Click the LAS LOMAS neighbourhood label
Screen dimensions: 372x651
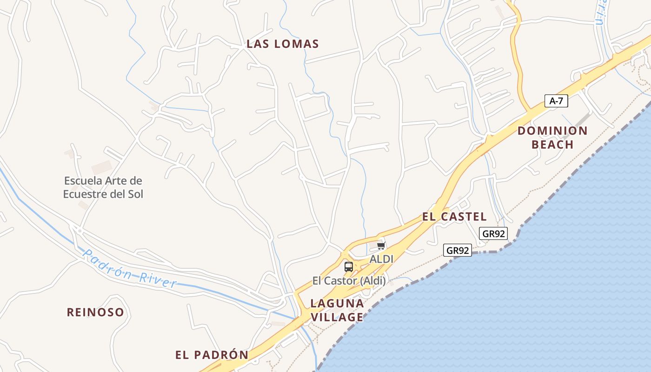283,44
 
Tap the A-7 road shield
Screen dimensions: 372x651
556,100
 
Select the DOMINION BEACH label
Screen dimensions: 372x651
552,138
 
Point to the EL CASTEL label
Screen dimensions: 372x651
454,217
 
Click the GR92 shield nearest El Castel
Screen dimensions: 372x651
493,233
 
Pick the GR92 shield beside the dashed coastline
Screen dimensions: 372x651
458,250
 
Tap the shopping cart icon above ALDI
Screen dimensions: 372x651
381,246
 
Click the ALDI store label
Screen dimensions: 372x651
381,259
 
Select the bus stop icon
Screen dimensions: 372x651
349,267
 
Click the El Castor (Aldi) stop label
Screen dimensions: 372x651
349,280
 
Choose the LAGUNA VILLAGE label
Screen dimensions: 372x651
337,310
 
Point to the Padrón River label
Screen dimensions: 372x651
130,269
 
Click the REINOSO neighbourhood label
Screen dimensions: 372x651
95,312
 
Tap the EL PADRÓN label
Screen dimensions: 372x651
212,355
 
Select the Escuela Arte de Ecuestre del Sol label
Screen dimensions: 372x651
103,187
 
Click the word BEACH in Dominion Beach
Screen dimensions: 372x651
552,145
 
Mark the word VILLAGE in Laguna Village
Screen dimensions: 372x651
337,317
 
